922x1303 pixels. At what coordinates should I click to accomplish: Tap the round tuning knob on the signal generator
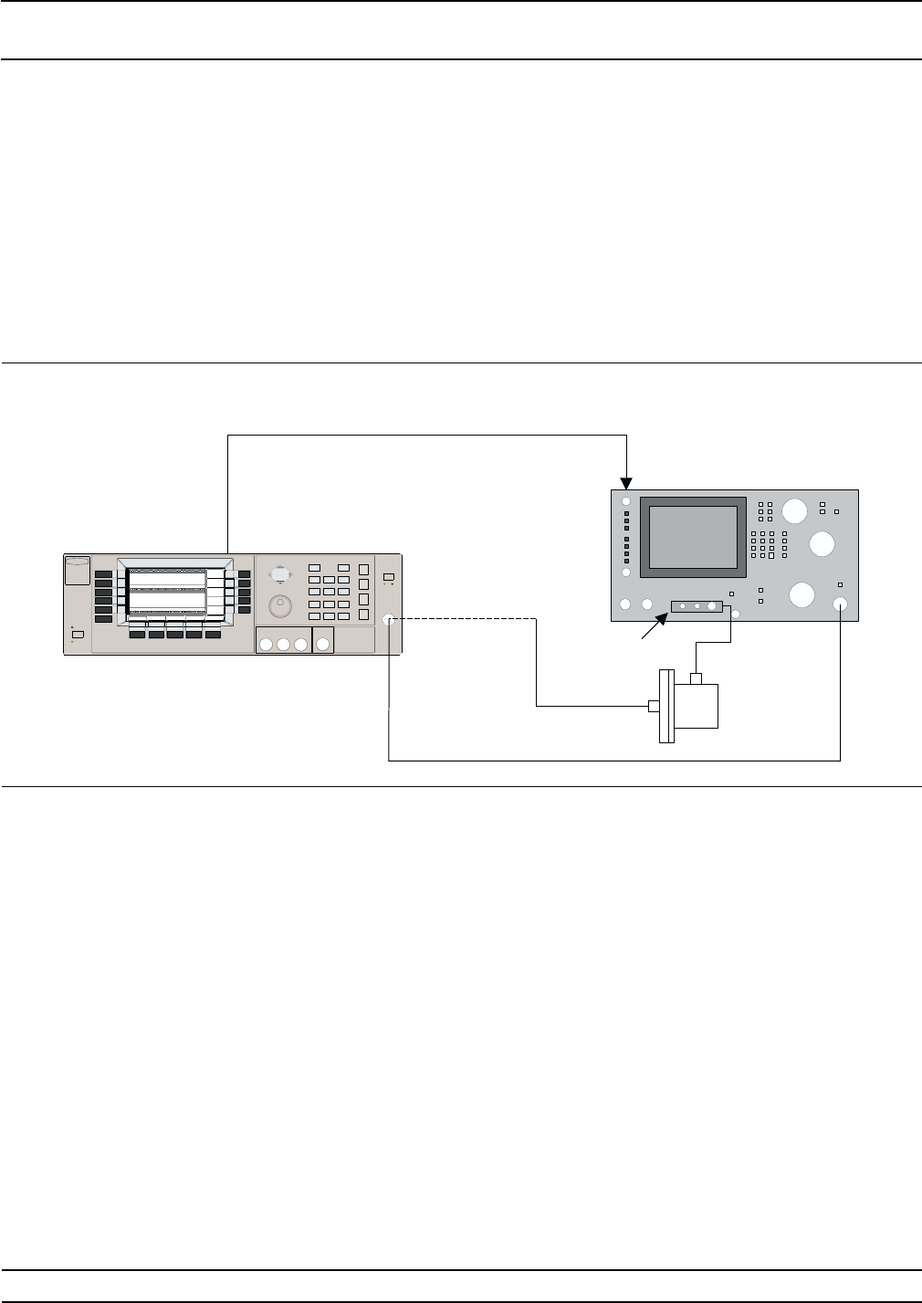coord(280,605)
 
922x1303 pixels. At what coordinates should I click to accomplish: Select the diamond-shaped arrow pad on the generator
coord(280,573)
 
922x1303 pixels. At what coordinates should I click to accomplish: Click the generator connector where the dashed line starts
coord(390,619)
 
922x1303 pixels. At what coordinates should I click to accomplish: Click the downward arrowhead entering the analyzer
coord(626,481)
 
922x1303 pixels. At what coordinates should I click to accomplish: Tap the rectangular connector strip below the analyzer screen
coord(697,606)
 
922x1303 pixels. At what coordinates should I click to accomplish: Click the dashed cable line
coord(466,619)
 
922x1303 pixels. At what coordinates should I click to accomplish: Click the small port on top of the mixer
coord(697,678)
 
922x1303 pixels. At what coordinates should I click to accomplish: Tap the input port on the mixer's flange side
coord(653,706)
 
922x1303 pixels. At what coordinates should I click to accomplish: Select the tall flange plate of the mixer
coord(665,706)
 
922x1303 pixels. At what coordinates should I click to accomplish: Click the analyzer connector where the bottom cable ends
coord(841,604)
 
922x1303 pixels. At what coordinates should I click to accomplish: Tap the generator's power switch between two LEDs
coord(78,635)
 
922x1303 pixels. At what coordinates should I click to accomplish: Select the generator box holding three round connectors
coord(283,641)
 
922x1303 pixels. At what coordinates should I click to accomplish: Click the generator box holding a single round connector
coord(323,641)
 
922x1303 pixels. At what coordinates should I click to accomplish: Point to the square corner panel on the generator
coord(79,571)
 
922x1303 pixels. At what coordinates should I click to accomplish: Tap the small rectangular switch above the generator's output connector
coord(389,577)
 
